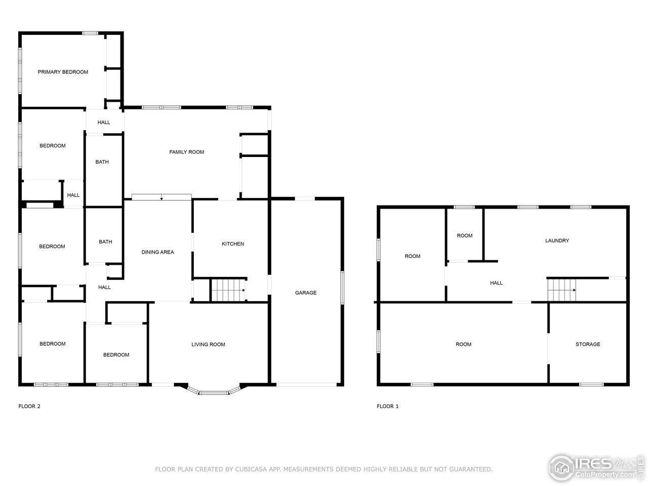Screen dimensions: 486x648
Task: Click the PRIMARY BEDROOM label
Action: pyautogui.click(x=63, y=72)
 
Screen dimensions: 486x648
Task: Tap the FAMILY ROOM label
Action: pyautogui.click(x=186, y=152)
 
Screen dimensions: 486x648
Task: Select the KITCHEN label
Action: pyautogui.click(x=233, y=244)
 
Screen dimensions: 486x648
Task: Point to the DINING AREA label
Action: pyautogui.click(x=157, y=252)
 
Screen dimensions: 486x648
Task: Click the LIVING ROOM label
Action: pyautogui.click(x=208, y=345)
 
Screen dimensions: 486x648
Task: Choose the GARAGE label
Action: pyautogui.click(x=306, y=293)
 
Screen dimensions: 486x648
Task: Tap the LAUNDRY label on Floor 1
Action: pyautogui.click(x=557, y=241)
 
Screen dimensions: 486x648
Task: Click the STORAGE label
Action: pyautogui.click(x=588, y=344)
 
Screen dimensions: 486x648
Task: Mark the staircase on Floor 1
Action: pyautogui.click(x=561, y=290)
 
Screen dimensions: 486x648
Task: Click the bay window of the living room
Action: pyautogui.click(x=213, y=391)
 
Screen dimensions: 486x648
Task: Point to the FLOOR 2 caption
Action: pyautogui.click(x=29, y=406)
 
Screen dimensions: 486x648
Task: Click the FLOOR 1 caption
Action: pyautogui.click(x=388, y=406)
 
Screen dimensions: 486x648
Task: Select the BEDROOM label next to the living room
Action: pyautogui.click(x=116, y=355)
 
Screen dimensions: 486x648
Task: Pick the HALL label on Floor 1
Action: pyautogui.click(x=496, y=283)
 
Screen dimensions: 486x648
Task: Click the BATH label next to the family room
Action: pyautogui.click(x=102, y=162)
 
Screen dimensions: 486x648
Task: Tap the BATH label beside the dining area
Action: pyautogui.click(x=105, y=242)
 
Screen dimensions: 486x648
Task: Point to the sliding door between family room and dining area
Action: pyautogui.click(x=161, y=197)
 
